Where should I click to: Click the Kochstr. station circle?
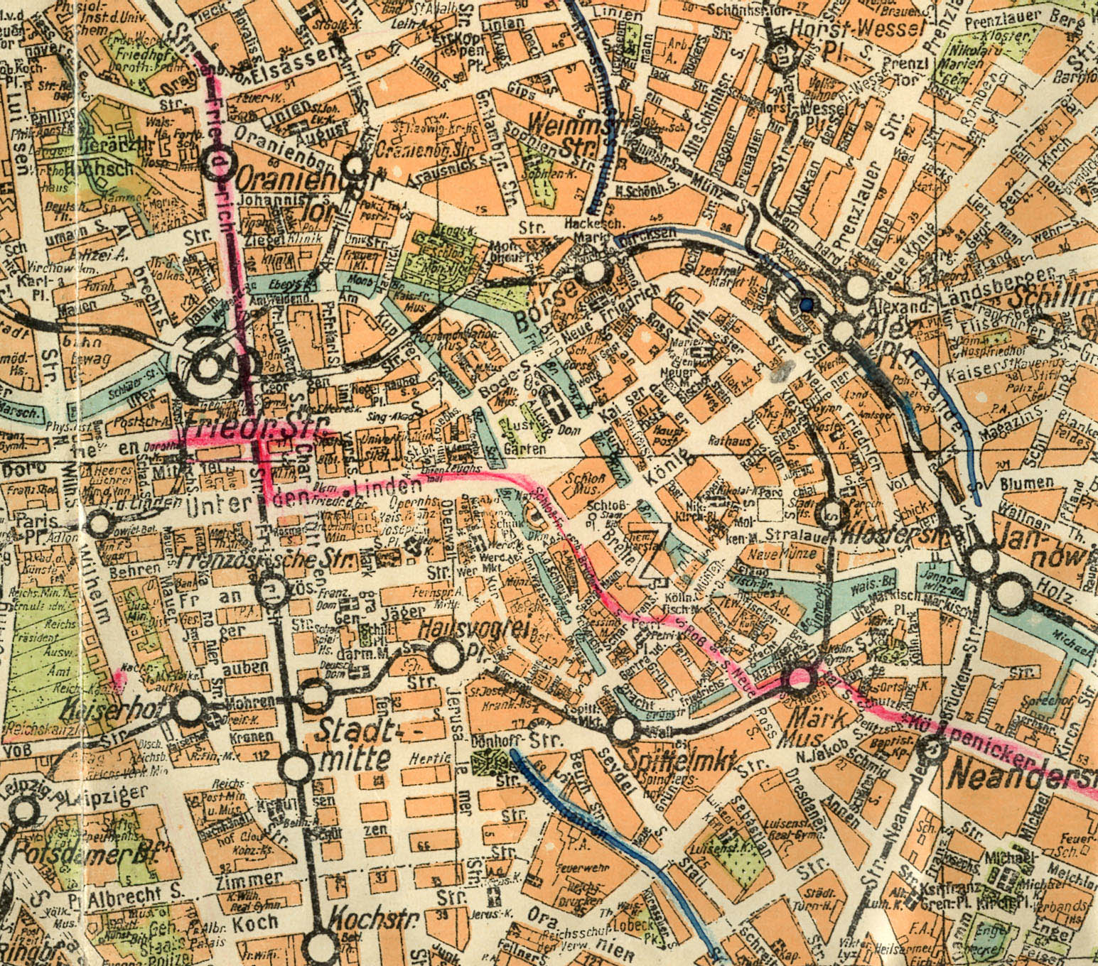(x=321, y=944)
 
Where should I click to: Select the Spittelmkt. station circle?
(x=623, y=728)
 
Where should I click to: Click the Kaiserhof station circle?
(x=189, y=708)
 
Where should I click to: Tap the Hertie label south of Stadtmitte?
(x=431, y=759)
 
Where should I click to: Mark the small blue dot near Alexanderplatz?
(x=805, y=305)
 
